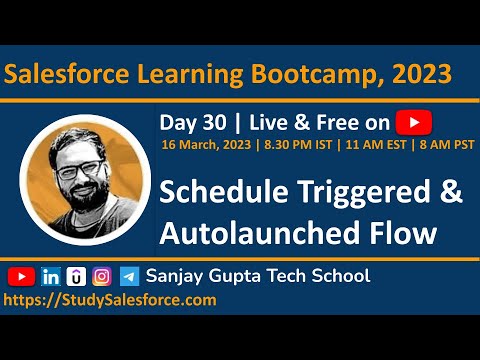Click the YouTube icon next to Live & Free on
pyautogui.click(x=413, y=122)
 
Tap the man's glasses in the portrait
pyautogui.click(x=79, y=167)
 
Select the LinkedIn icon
pyautogui.click(x=51, y=276)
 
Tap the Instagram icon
pyautogui.click(x=102, y=276)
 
